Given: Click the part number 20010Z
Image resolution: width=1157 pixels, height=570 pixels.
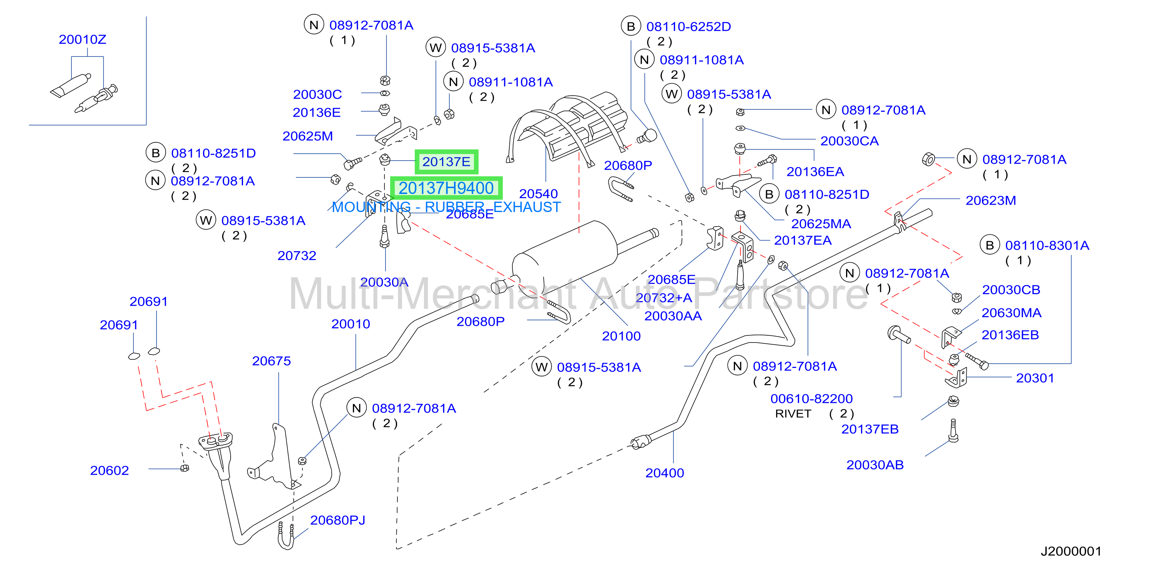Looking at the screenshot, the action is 82,40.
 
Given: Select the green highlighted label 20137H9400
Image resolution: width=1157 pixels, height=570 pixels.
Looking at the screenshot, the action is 446,188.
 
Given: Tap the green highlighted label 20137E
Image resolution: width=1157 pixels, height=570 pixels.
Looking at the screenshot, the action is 446,162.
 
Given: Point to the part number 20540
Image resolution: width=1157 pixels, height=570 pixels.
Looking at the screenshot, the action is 538,194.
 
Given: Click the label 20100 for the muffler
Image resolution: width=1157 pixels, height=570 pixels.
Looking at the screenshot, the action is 621,336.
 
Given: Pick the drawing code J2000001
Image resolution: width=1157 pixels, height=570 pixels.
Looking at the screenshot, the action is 1071,551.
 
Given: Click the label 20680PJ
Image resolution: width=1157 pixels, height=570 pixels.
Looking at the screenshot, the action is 337,520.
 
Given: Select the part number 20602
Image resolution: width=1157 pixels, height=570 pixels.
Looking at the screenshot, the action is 110,471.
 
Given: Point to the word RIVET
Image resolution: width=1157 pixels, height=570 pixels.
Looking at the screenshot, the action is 793,413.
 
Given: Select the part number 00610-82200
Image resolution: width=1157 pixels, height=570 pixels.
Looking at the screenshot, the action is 811,399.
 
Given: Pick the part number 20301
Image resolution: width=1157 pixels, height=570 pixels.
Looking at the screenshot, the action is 1035,378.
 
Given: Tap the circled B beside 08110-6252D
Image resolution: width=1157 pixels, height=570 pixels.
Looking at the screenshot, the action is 631,27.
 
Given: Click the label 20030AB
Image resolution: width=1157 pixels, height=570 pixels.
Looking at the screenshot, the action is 874,465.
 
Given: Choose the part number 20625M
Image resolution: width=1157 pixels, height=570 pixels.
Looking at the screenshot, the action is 308,136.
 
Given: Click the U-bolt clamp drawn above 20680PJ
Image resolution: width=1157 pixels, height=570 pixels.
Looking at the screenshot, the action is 286,535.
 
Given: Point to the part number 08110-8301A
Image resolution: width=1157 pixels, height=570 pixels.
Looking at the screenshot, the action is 1047,245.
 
